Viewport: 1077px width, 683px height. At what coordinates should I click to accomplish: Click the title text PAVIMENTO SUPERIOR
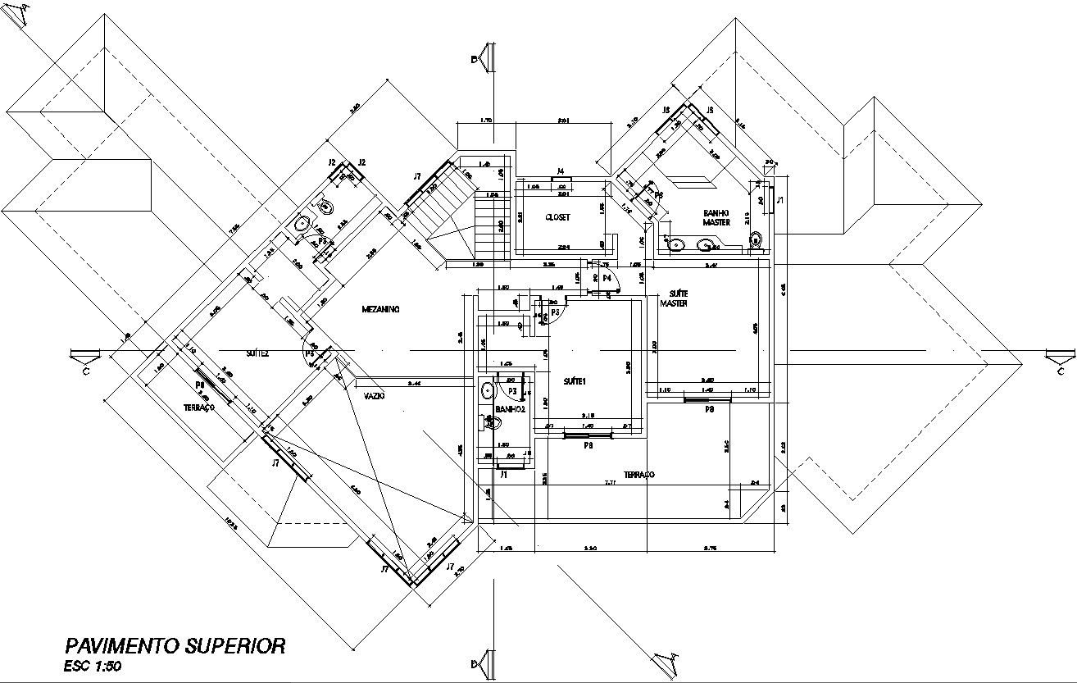[175, 645]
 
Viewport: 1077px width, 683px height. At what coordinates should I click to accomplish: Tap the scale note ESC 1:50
[93, 666]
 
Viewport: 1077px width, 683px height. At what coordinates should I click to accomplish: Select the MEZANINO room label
[380, 309]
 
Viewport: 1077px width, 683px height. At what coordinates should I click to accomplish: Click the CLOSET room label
[557, 217]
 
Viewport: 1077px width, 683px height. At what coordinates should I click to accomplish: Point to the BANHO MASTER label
[716, 217]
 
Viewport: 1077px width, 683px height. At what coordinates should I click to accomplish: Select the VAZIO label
[375, 395]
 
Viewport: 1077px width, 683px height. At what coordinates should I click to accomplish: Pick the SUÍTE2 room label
[257, 353]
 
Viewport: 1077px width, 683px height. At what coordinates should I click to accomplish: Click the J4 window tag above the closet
[561, 171]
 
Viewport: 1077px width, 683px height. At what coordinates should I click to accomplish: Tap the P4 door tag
[607, 279]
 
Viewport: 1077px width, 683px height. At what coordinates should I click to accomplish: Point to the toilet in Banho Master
[756, 239]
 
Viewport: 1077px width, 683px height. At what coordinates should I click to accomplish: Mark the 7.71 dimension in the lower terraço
[610, 483]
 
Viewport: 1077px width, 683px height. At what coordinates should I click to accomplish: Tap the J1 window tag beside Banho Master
[780, 199]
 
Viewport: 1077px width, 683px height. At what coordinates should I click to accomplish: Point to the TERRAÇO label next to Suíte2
[198, 407]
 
